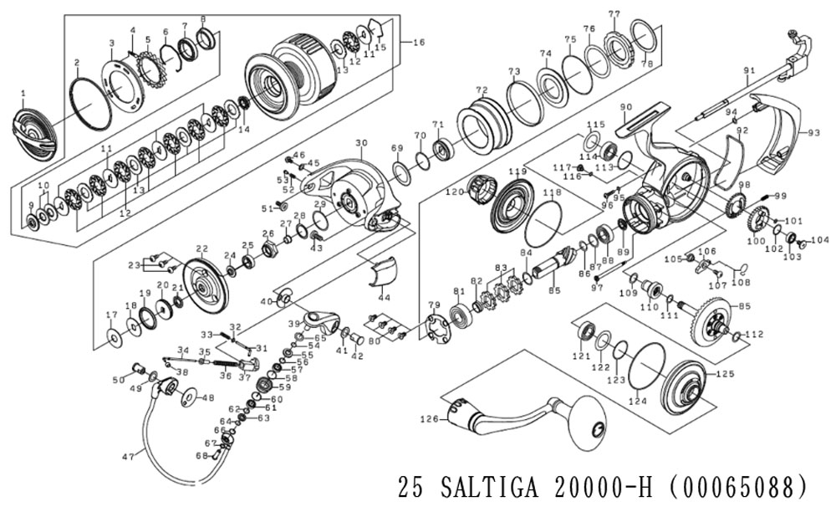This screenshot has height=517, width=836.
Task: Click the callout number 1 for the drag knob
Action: click(x=23, y=93)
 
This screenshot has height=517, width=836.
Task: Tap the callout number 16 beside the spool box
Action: click(x=419, y=42)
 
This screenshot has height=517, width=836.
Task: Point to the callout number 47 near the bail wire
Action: click(x=128, y=457)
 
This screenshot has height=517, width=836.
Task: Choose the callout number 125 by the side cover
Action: click(x=724, y=374)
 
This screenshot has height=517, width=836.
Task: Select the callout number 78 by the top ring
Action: click(x=646, y=64)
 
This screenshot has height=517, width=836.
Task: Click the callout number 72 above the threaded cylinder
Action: click(x=481, y=90)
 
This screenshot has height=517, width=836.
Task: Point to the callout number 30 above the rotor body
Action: click(x=361, y=143)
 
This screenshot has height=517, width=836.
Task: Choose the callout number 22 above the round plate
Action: click(x=201, y=249)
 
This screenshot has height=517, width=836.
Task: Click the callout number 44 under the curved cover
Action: click(x=384, y=297)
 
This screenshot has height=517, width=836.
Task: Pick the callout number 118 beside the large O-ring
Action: click(x=551, y=192)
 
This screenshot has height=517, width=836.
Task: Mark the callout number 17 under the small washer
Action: click(x=111, y=315)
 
